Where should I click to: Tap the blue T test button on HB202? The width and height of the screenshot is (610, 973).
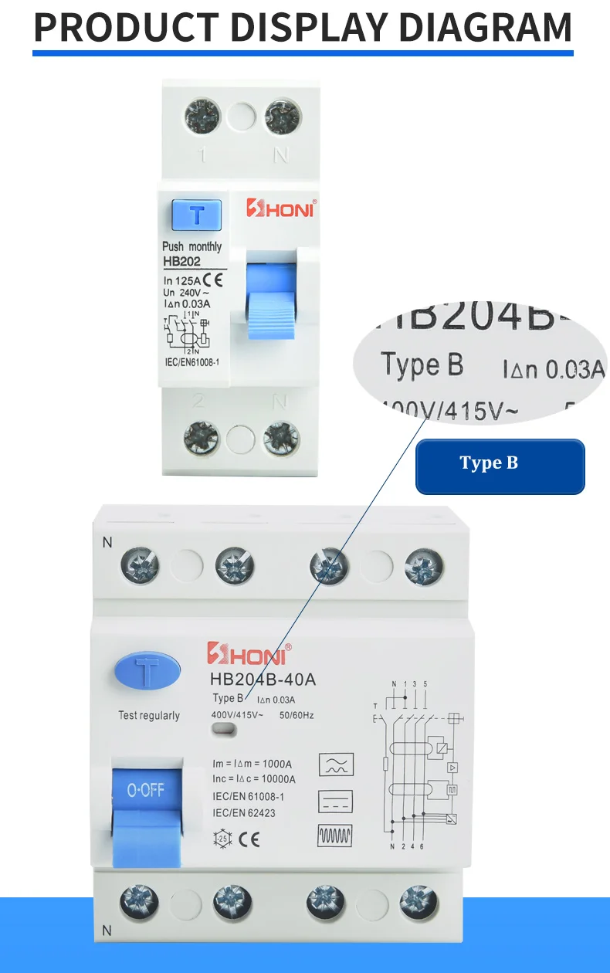tap(197, 214)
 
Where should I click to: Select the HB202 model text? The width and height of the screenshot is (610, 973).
tap(181, 262)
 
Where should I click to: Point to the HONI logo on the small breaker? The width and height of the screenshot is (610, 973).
tap(281, 208)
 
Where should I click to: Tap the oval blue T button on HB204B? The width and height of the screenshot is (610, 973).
tap(147, 671)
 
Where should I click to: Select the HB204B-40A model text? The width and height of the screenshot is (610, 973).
tap(263, 680)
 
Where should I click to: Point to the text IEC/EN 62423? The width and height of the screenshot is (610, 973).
tap(243, 812)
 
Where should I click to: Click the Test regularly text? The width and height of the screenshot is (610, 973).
tap(149, 715)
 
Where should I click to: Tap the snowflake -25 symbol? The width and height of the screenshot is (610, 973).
tap(221, 839)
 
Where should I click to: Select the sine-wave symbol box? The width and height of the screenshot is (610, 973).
tap(336, 765)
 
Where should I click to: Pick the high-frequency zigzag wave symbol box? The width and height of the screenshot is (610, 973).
tap(336, 836)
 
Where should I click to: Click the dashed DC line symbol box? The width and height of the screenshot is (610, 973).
tap(336, 801)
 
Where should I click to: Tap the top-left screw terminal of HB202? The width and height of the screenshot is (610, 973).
tap(202, 118)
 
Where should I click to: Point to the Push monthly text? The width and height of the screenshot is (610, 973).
tap(191, 246)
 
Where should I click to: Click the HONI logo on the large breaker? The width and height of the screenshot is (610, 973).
tap(249, 655)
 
